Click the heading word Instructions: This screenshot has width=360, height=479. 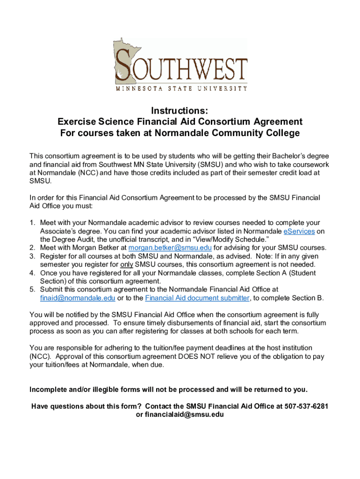tap(180, 111)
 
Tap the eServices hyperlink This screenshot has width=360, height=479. tap(299, 231)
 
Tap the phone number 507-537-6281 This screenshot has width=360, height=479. tap(306, 406)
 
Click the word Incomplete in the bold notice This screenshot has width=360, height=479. tap(47, 389)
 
